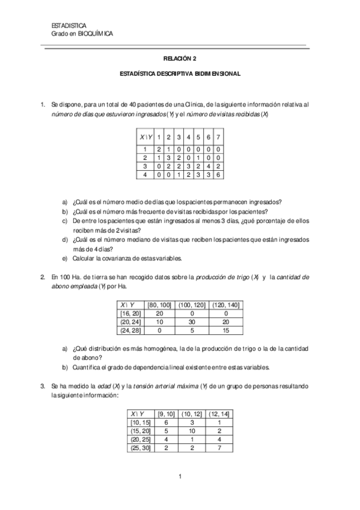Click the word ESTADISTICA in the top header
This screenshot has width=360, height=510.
click(69, 25)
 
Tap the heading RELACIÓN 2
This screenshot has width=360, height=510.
click(180, 59)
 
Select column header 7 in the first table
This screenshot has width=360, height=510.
click(218, 137)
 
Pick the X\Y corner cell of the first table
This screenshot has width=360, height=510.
click(145, 137)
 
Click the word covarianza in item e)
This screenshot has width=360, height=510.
click(124, 258)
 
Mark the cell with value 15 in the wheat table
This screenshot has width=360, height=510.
click(225, 330)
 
